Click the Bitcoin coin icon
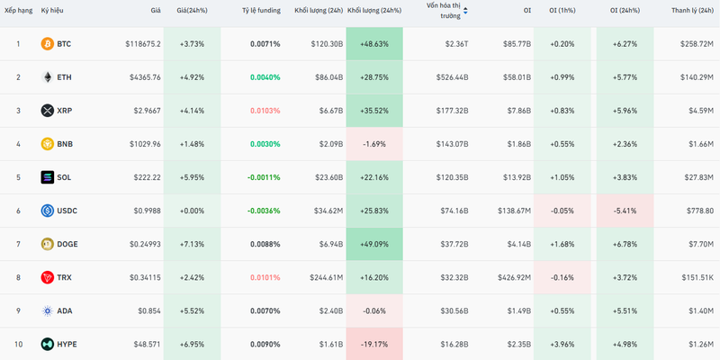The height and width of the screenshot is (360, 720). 48,43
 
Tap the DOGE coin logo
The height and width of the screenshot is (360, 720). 48,244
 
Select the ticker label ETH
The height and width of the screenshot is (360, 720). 64,77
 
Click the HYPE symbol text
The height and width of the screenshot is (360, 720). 67,344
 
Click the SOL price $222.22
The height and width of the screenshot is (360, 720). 145,177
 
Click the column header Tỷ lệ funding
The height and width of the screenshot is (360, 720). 261,10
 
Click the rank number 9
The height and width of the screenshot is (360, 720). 17,310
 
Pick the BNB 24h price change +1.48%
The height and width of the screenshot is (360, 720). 191,144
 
